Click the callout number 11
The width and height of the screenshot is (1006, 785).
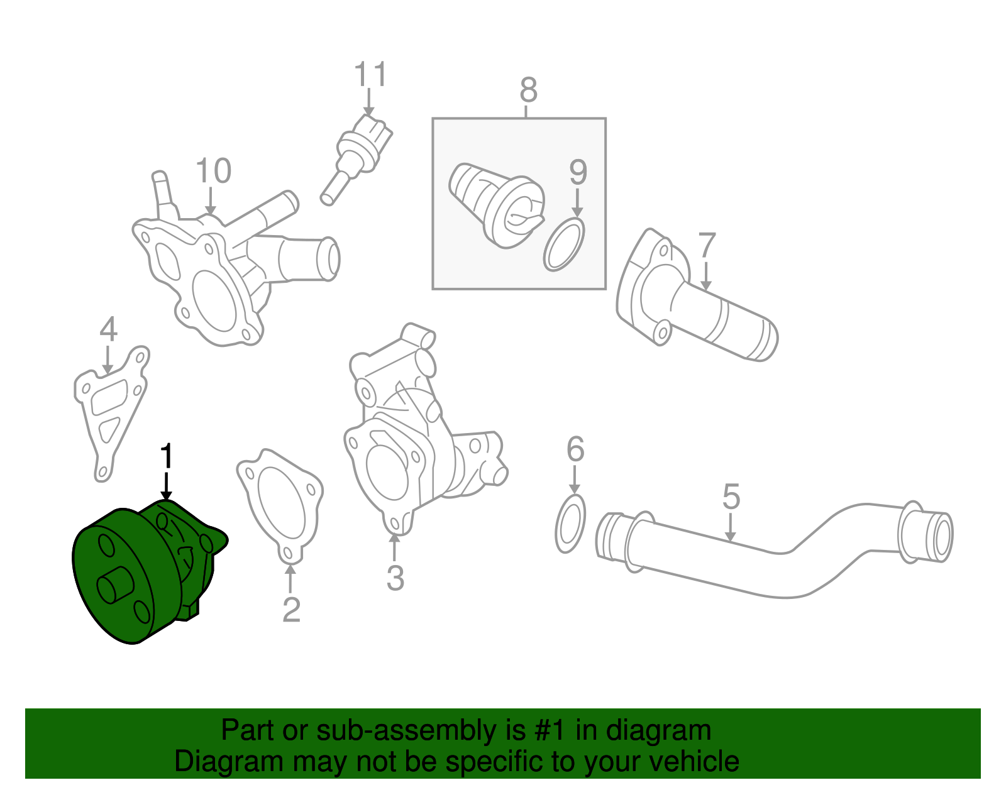coord(370,75)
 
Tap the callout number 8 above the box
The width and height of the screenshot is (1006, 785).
coord(528,91)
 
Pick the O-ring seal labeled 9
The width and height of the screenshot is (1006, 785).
coord(564,244)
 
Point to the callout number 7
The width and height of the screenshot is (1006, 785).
coord(707,246)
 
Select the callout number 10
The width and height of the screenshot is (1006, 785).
coord(213,171)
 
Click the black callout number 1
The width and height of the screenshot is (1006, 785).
coord(166,457)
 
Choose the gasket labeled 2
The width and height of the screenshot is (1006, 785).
coord(280,503)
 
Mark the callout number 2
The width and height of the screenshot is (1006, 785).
coord(291,610)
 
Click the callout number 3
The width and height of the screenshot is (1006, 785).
coord(395,578)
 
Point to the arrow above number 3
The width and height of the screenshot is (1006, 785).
coord(395,547)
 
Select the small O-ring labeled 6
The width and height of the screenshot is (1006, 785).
coord(571,524)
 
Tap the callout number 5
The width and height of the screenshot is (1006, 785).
coord(731,497)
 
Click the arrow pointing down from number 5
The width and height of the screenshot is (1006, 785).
coord(730,528)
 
